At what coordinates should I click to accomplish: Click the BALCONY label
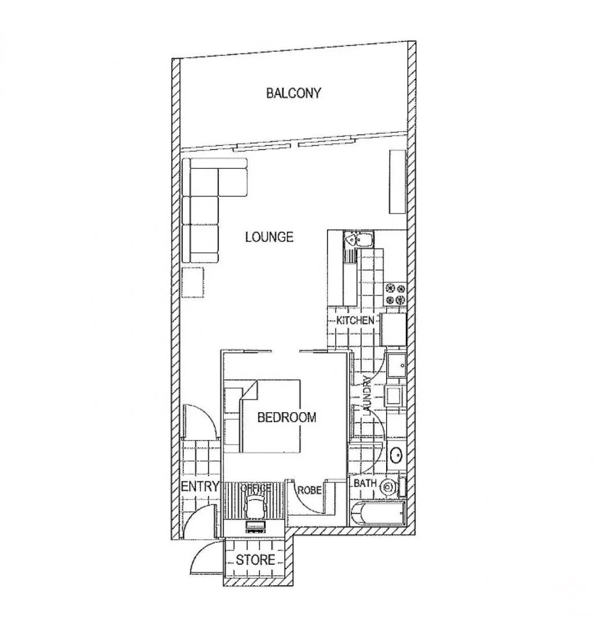pyautogui.click(x=293, y=93)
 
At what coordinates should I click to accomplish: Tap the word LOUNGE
pyautogui.click(x=269, y=237)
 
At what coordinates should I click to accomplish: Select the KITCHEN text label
pyautogui.click(x=355, y=320)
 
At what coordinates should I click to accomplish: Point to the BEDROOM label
pyautogui.click(x=287, y=417)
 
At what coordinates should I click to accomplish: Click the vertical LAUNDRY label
pyautogui.click(x=366, y=396)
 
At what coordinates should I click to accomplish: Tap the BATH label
pyautogui.click(x=365, y=483)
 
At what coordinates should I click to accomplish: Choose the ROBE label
pyautogui.click(x=309, y=490)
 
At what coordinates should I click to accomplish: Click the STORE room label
pyautogui.click(x=255, y=560)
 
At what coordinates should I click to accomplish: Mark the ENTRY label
pyautogui.click(x=200, y=487)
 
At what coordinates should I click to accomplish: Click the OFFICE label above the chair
pyautogui.click(x=255, y=488)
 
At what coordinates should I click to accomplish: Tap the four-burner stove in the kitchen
pyautogui.click(x=395, y=294)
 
